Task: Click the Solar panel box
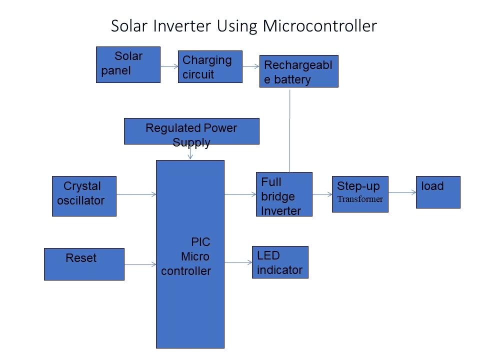coord(128,64)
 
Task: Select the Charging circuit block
coord(210,66)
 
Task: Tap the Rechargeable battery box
coord(299,71)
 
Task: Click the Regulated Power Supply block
coord(191,131)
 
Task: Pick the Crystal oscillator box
coord(84,196)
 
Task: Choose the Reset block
coord(84,264)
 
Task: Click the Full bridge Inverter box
coord(284,194)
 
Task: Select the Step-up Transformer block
coord(360,194)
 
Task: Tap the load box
coord(438,192)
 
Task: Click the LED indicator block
coord(280,262)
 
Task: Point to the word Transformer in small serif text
coord(360,199)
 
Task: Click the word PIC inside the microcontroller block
coord(201,242)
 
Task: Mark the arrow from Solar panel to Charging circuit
coord(169,66)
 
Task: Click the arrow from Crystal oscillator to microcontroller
coord(136,194)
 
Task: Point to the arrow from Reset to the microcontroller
coord(140,264)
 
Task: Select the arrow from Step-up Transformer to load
coord(402,192)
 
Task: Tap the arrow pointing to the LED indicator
coord(238,262)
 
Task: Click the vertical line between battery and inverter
coord(290,130)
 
